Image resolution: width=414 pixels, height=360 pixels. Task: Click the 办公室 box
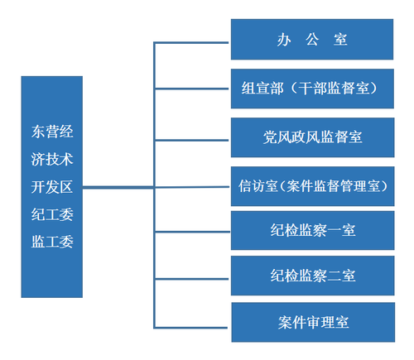point(312,40)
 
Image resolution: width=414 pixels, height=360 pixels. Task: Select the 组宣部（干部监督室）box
point(312,89)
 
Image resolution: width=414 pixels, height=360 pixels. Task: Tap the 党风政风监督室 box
point(312,137)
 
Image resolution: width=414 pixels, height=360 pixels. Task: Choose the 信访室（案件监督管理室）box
point(312,185)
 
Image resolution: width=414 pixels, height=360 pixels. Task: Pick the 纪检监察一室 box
point(312,229)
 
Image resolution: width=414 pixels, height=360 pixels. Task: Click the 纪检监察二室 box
point(312,275)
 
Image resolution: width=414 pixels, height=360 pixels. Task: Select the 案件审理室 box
point(312,322)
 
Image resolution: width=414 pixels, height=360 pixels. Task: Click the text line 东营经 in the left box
point(52,131)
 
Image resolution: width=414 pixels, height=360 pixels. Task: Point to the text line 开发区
point(52,187)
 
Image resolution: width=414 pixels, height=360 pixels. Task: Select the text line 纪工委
point(52,215)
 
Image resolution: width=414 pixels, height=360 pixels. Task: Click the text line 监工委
point(52,243)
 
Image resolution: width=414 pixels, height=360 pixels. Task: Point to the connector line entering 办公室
point(192,40)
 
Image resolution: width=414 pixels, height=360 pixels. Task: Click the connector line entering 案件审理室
point(192,322)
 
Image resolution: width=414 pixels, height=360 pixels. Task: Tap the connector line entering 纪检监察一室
point(192,229)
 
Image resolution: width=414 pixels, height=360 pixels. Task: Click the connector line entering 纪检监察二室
point(192,275)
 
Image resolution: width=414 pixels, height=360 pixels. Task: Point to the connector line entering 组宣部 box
point(192,89)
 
